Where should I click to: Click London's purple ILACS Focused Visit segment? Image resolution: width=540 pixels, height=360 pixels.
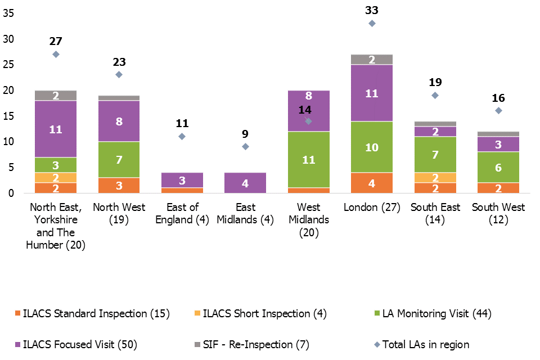372,93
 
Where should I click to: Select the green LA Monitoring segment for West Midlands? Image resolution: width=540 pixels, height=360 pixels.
308,160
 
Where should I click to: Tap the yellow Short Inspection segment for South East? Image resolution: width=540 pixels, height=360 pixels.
435,177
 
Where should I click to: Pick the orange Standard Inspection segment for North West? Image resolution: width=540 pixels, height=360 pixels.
119,186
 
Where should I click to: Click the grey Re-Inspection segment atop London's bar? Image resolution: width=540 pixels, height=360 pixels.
372,60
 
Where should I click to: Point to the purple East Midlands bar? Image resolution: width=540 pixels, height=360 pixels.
245,183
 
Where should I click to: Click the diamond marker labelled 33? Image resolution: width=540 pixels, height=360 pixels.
372,24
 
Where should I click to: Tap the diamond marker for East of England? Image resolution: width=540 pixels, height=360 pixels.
182,137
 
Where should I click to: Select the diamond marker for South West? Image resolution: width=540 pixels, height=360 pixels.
498,111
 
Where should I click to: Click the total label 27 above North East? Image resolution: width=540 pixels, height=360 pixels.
56,41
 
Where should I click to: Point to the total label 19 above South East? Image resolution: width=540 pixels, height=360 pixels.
435,82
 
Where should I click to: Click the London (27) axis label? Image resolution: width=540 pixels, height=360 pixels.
372,208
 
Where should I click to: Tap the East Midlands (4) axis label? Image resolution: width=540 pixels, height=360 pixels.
245,214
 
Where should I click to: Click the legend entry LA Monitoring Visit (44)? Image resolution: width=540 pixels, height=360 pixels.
436,314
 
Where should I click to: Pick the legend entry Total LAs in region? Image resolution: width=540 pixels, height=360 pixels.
425,344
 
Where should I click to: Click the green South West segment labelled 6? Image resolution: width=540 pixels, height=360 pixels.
498,167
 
